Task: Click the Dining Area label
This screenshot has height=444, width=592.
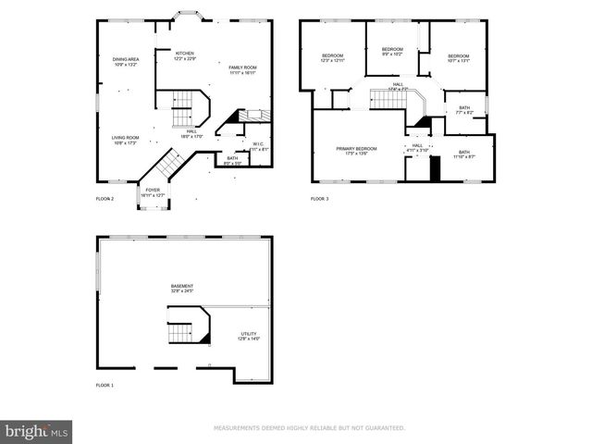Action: click(125, 62)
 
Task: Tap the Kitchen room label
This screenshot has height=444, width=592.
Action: click(186, 56)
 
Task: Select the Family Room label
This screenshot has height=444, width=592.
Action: click(243, 69)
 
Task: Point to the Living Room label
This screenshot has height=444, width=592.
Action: click(126, 140)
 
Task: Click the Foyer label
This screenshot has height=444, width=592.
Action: click(152, 192)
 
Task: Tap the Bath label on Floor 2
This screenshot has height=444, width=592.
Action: click(232, 160)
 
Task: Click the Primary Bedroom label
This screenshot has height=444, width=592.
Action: click(357, 151)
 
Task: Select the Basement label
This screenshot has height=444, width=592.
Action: click(182, 289)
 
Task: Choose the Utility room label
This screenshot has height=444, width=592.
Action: click(249, 337)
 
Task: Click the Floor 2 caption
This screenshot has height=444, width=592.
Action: click(105, 199)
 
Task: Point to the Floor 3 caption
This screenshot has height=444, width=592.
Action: click(319, 199)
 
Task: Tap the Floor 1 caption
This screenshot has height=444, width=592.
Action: click(105, 385)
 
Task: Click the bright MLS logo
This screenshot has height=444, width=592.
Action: click(37, 431)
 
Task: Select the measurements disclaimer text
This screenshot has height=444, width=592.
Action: click(309, 428)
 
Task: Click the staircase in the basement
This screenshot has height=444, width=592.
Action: click(188, 328)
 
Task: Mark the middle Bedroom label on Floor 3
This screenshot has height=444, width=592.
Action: click(392, 51)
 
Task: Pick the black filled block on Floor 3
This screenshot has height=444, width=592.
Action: click(433, 170)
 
